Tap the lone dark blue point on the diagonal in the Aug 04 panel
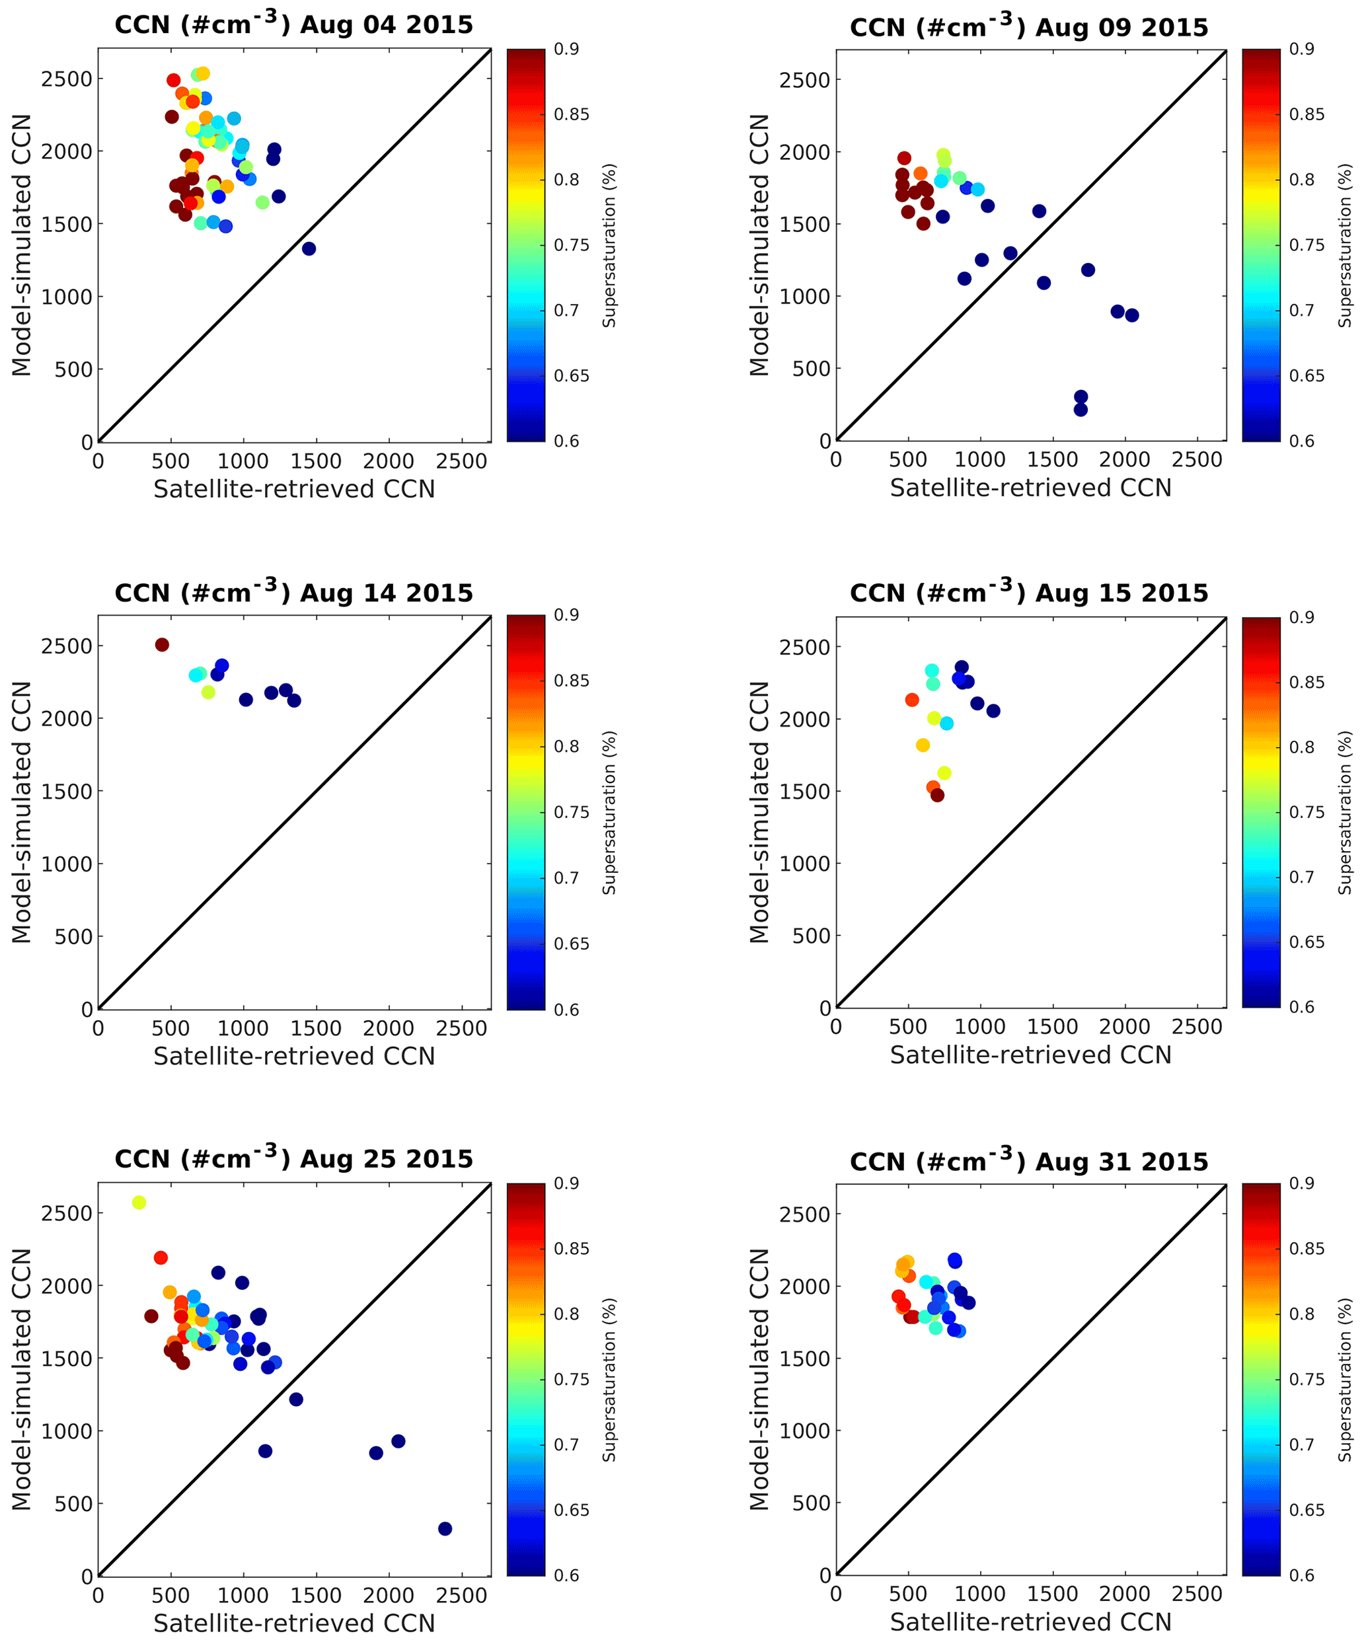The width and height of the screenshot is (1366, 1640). click(309, 249)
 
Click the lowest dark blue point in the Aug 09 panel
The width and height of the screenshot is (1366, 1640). click(1081, 409)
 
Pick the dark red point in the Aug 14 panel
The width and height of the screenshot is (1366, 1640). click(162, 645)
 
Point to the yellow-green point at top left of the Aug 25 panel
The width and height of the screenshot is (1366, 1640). click(139, 1203)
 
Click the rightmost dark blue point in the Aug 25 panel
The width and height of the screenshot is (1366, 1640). click(445, 1528)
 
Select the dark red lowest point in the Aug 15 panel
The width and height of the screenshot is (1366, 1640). click(937, 795)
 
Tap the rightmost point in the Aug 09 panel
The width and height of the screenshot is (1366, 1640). click(1131, 315)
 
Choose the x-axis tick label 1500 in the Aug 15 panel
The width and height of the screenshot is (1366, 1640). click(1052, 1027)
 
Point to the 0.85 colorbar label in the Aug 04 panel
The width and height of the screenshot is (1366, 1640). click(572, 115)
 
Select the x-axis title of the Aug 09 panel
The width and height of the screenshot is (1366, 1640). click(1030, 488)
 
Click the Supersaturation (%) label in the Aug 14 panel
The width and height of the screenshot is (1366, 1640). click(609, 812)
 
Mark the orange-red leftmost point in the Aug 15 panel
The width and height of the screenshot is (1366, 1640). click(911, 700)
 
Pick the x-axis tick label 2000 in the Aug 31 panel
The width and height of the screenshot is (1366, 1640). click(1125, 1594)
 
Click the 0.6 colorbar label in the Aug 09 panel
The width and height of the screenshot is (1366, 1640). click(1301, 441)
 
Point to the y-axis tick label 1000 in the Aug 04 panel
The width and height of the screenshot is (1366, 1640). click(66, 297)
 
